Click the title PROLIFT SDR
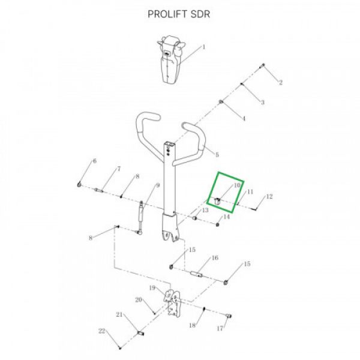[x=179, y=14]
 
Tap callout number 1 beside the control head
[x=203, y=47]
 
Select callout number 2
[x=281, y=82]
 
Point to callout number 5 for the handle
[x=217, y=155]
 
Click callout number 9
[x=158, y=185]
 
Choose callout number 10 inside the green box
[x=237, y=185]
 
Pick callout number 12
[x=269, y=197]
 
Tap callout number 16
[x=215, y=258]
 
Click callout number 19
[x=152, y=287]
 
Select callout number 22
[x=102, y=331]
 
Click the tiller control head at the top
[x=171, y=59]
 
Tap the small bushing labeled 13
[x=194, y=217]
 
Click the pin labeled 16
[x=197, y=274]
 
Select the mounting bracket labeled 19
[x=172, y=304]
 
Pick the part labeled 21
[x=140, y=333]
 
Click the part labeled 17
[x=229, y=316]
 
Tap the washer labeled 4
[x=221, y=102]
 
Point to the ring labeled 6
[x=79, y=184]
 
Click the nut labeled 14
[x=218, y=224]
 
